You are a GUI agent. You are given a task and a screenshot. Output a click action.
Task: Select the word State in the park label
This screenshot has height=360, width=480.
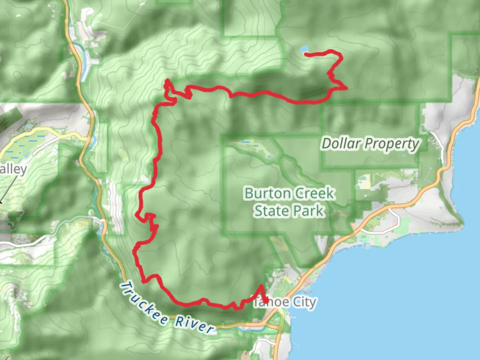point(270,211)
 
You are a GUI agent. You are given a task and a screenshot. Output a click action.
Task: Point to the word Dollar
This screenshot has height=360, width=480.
point(341,144)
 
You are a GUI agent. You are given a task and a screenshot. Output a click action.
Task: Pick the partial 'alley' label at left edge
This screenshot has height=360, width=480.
point(13,169)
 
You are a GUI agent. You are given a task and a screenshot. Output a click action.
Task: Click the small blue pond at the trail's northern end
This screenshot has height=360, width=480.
point(304,50)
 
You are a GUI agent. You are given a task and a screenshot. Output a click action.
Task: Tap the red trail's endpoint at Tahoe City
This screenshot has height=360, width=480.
point(267,302)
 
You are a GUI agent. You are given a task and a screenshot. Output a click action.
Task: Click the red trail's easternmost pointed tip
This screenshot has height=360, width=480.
point(347,88)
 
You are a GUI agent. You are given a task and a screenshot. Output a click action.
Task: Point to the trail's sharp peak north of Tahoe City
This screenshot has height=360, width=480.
point(261,286)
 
